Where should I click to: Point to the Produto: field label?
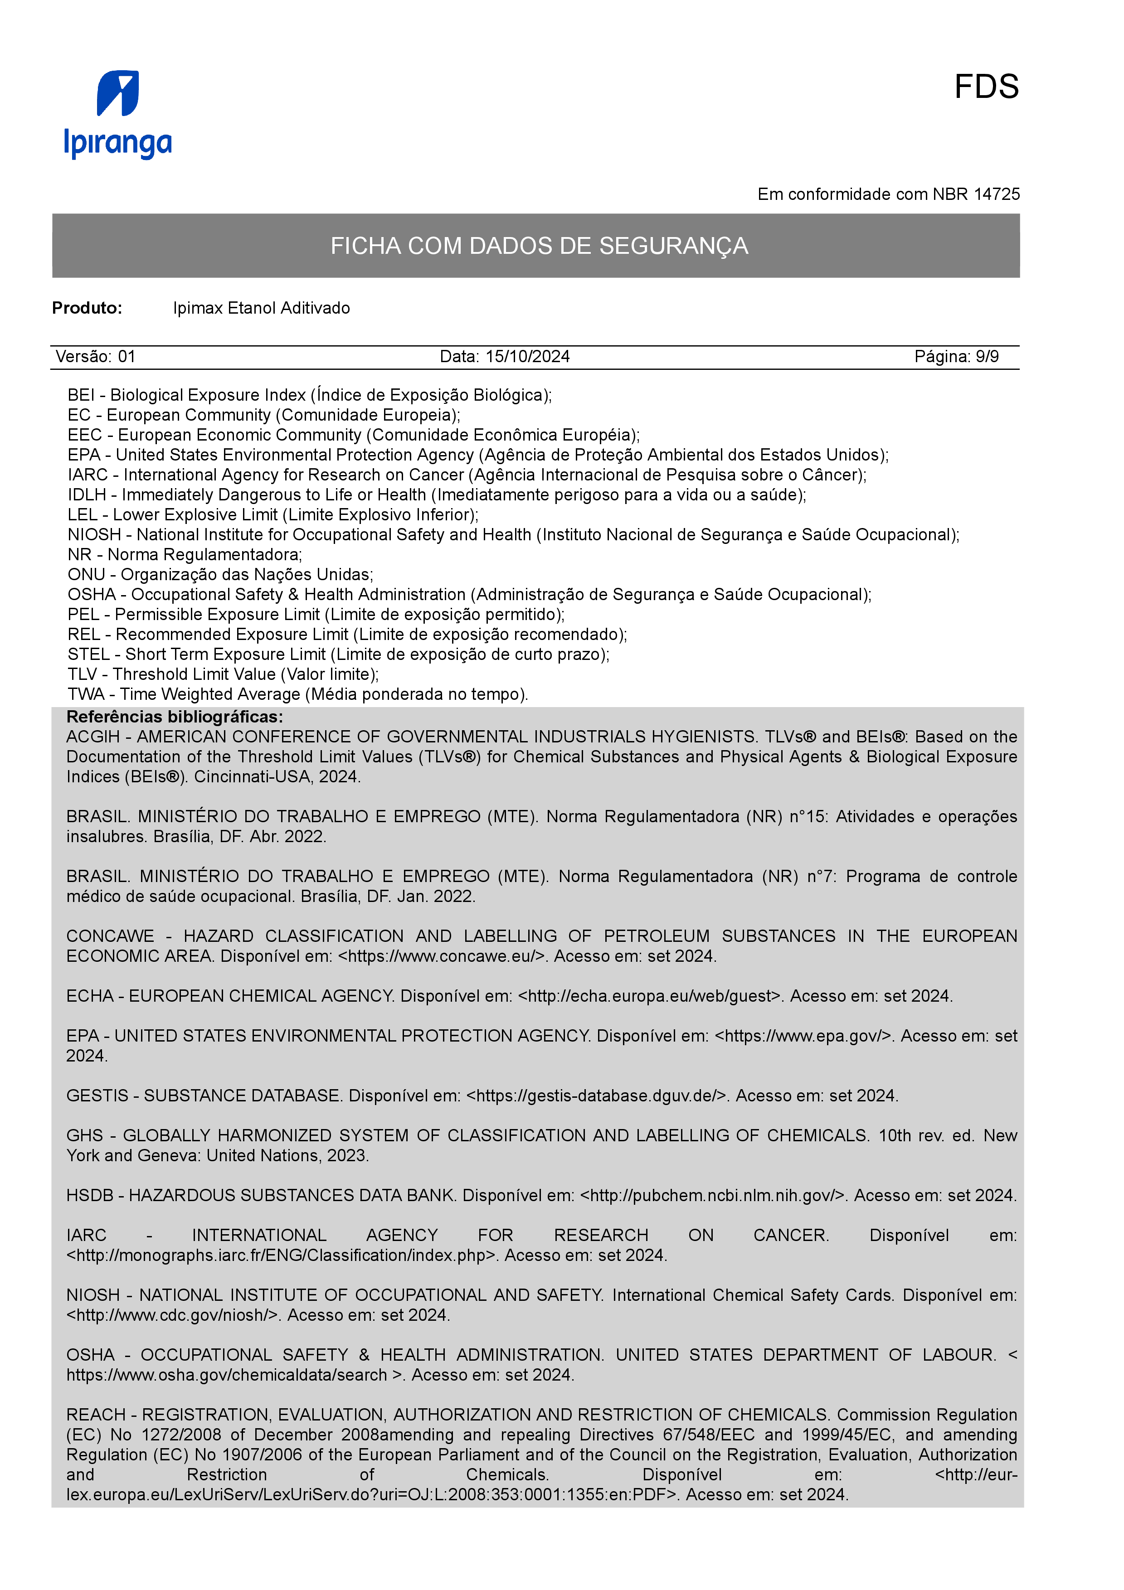87,308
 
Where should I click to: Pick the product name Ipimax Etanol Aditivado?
261,308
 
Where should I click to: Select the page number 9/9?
987,357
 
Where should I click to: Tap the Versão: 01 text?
96,357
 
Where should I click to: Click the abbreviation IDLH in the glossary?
87,495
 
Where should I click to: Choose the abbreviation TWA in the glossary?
86,694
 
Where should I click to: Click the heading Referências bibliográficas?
175,717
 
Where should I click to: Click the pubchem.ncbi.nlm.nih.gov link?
713,1196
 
